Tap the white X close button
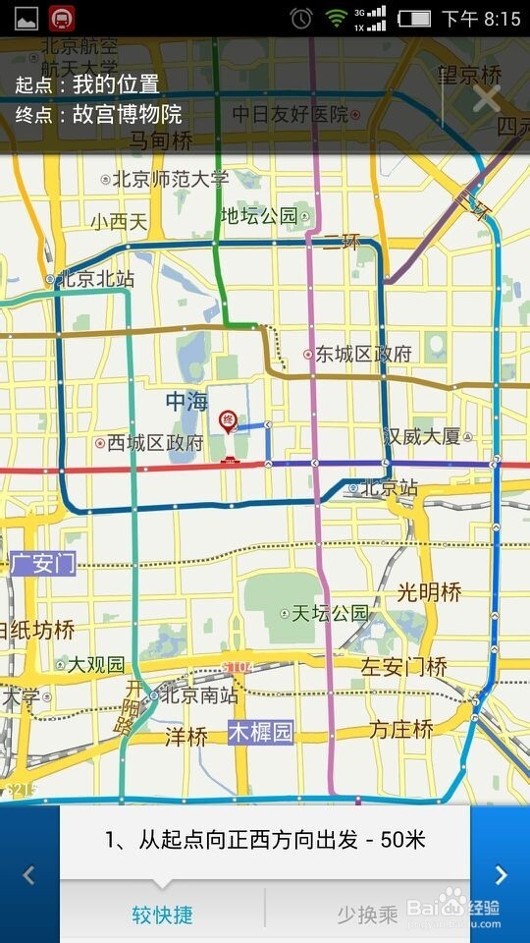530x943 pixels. (486, 98)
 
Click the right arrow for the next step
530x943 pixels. (501, 874)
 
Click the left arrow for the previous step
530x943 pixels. (28, 874)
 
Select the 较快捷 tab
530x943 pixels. (162, 915)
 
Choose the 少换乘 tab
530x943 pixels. (367, 915)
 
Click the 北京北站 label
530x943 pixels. (95, 279)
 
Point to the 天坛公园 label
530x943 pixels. (329, 614)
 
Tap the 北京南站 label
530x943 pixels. (198, 695)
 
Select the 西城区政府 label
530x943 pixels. (154, 443)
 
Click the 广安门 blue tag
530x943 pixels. (41, 564)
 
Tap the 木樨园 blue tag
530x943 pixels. (261, 732)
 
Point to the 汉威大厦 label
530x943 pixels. (422, 436)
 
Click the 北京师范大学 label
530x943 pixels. (170, 180)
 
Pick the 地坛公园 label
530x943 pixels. (258, 216)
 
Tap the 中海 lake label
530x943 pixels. (186, 402)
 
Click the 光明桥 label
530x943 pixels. (429, 592)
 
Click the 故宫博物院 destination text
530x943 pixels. (128, 114)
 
